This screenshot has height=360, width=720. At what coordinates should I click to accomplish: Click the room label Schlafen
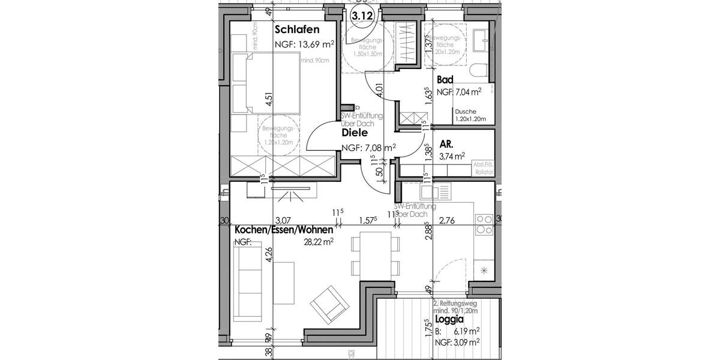click(296, 30)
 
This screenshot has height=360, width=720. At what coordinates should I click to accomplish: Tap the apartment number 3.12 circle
click(361, 16)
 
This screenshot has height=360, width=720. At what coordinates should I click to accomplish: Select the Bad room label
click(445, 80)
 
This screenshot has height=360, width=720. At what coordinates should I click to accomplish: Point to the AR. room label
click(446, 145)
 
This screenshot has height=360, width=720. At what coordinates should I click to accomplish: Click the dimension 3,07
click(282, 221)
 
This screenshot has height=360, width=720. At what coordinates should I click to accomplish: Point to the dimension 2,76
click(448, 221)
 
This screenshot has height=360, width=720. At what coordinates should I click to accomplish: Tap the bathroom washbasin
click(482, 39)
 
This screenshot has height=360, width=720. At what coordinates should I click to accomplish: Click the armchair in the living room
click(329, 305)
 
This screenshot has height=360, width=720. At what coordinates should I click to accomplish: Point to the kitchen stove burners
click(484, 224)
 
